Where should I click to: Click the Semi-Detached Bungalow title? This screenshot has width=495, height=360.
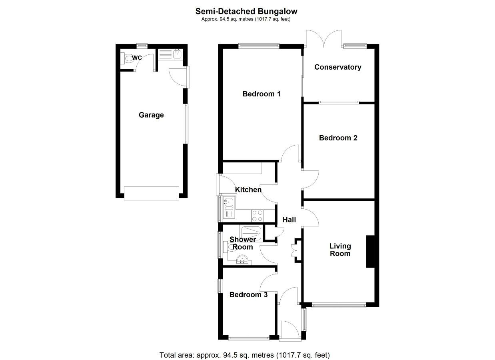click(x=246, y=11)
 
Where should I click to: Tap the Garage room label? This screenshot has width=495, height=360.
click(x=151, y=115)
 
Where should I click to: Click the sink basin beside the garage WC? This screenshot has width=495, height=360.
click(x=177, y=54)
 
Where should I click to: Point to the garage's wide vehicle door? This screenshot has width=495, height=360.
click(x=152, y=193)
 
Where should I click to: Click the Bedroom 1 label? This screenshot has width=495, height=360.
click(x=261, y=94)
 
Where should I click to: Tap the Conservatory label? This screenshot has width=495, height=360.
click(x=337, y=67)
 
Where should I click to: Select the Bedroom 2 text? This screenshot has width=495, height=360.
click(x=338, y=138)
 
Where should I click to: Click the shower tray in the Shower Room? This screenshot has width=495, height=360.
click(x=251, y=233)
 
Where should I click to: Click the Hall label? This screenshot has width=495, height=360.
click(x=289, y=220)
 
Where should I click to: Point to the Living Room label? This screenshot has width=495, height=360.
click(x=340, y=250)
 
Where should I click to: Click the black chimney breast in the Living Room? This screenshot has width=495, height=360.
click(x=370, y=252)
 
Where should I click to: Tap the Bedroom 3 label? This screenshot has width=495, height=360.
click(x=248, y=294)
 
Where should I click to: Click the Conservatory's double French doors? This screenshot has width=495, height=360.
click(x=324, y=39)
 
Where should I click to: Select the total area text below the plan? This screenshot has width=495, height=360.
click(x=245, y=349)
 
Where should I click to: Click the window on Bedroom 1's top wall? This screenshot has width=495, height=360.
click(x=259, y=46)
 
